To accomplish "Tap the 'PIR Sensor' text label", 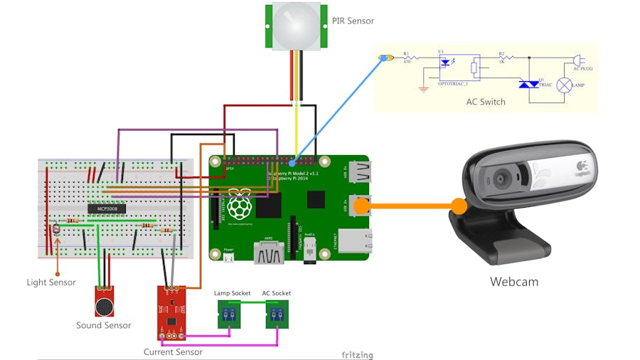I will [353, 21].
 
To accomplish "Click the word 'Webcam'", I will [513, 282].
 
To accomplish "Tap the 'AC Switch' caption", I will [481, 102].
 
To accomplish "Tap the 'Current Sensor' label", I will [173, 352].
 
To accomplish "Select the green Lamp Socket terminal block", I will [228, 315].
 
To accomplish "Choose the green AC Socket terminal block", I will [276, 315].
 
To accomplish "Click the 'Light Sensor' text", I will [51, 282].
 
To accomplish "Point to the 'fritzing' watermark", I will [356, 354].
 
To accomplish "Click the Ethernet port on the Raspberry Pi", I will [353, 240].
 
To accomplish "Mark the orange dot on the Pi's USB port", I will [361, 206].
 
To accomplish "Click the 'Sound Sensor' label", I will [104, 325].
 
